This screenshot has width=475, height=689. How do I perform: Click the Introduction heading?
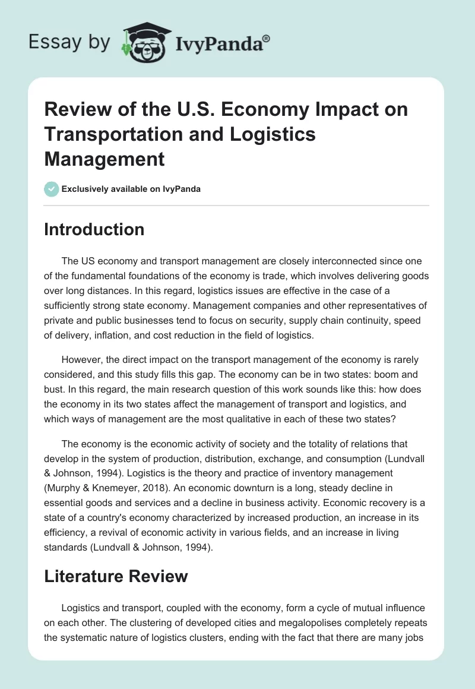94,229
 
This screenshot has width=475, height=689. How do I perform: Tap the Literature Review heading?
116,576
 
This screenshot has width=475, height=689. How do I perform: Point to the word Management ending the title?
104,160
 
